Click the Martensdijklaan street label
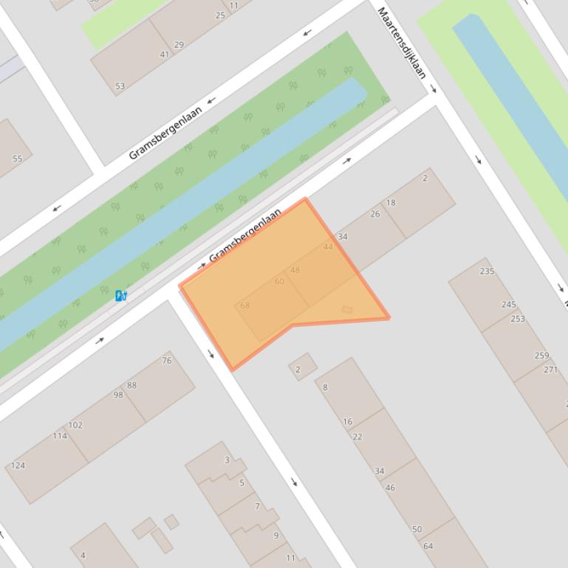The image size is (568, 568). pos(403,43)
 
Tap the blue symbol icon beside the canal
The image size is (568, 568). pos(120,296)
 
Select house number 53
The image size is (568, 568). pos(120,86)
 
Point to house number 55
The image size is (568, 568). pos(17,158)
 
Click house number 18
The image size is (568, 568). pos(391,203)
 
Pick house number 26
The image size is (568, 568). pos(375,214)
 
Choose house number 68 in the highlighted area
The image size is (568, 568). pos(244,305)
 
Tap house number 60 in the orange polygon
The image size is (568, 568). pos(279,282)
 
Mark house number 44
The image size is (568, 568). pos(328,246)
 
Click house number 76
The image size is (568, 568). pos(167,361)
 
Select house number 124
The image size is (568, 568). pos(18,465)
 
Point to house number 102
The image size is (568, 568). pos(75,425)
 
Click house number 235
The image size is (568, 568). pos(487,271)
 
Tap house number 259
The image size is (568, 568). pos(541,356)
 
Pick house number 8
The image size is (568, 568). pos(325,387)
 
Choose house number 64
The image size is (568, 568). pos(428,547)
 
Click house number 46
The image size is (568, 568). pos(390,488)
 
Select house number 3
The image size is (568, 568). pos(227,460)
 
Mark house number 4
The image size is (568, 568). pos(83,555)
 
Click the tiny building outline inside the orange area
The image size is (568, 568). pos(346,310)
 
